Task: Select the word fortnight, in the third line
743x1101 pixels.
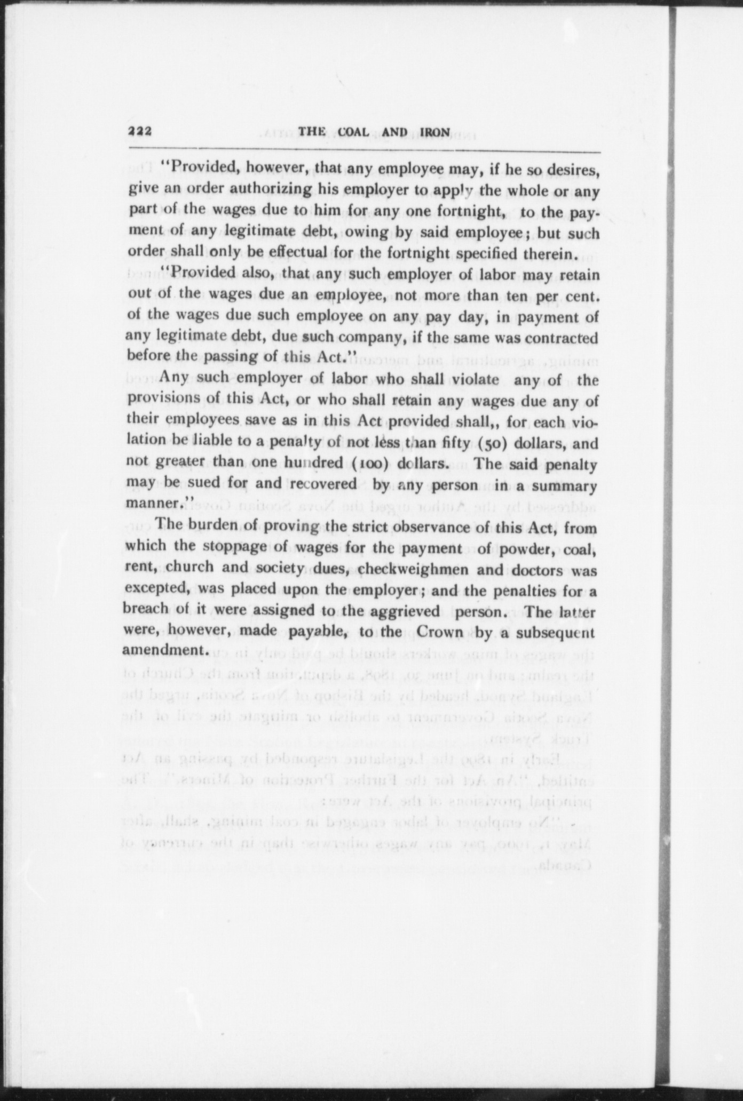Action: point(471,212)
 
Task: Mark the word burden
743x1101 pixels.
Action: point(210,525)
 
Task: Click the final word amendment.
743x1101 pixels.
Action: point(164,651)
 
